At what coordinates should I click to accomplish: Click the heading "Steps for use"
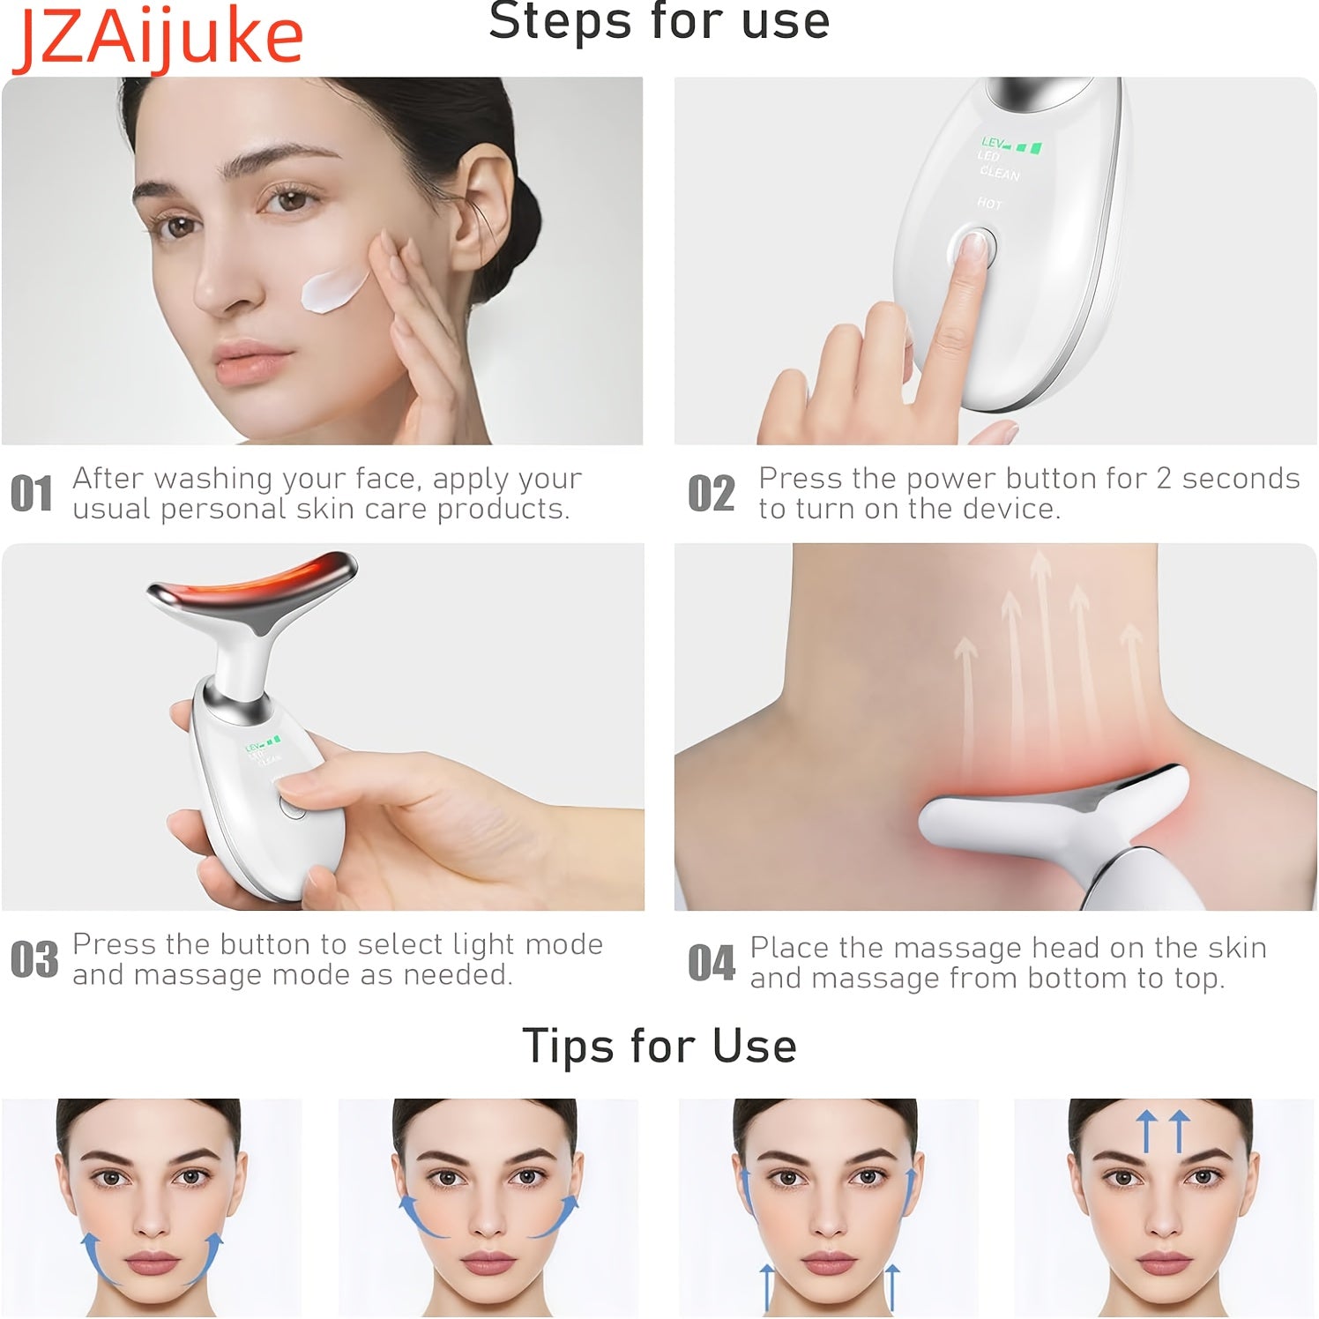pyautogui.click(x=659, y=21)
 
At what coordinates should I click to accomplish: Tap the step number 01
pyautogui.click(x=32, y=493)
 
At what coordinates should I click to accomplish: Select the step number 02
pyautogui.click(x=711, y=493)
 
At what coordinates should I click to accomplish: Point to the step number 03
pyautogui.click(x=34, y=959)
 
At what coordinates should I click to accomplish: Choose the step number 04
pyautogui.click(x=711, y=962)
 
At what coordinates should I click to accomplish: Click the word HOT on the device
pyautogui.click(x=989, y=204)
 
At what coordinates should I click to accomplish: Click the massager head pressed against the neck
pyautogui.click(x=1049, y=811)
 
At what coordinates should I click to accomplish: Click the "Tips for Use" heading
pyautogui.click(x=659, y=1046)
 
